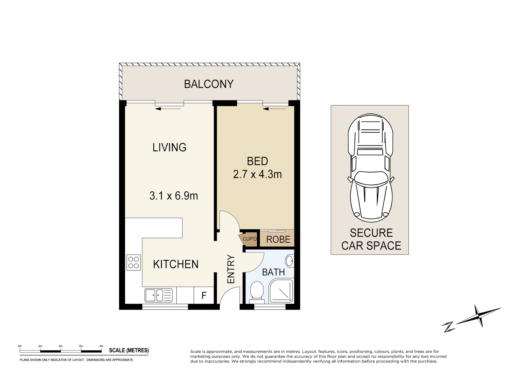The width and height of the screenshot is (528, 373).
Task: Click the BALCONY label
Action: point(209,84)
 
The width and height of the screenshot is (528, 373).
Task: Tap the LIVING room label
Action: point(169,148)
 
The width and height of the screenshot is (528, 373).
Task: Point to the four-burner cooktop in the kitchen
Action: point(134,263)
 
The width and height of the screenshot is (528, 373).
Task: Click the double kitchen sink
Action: point(158,295)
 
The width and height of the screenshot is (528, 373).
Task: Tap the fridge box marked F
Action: point(204,295)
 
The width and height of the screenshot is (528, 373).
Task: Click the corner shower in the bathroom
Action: point(281,291)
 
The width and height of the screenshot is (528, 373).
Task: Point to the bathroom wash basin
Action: point(289,261)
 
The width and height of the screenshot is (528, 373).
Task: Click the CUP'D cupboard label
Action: point(250,239)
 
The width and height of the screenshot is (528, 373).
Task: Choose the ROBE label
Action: point(278,240)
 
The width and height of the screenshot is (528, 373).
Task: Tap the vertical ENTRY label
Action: point(231,269)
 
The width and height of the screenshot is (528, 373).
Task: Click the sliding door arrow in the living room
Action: point(168,109)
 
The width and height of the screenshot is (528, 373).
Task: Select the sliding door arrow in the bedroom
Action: point(274,109)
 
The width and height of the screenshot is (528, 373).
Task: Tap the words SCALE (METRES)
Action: point(129,350)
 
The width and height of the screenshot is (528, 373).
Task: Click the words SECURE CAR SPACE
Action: point(371,239)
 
